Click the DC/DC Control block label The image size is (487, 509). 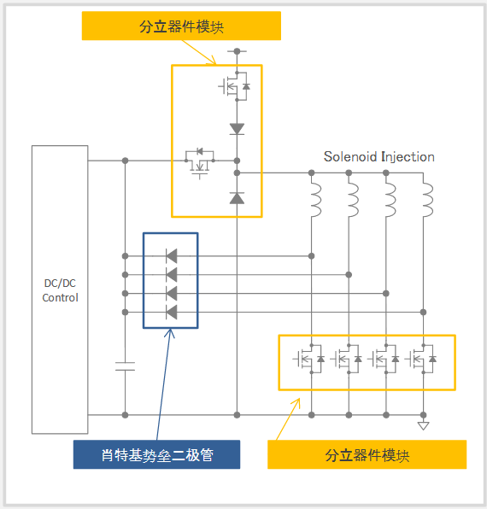(60, 290)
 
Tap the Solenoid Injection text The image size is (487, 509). (378, 157)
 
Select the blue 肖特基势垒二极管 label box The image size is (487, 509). (156, 454)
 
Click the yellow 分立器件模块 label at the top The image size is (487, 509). (181, 26)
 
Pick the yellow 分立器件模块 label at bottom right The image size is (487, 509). (367, 454)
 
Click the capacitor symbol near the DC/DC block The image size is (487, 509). (125, 366)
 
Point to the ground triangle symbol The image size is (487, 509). (424, 425)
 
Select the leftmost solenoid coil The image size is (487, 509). (316, 200)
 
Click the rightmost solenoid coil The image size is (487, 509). (428, 200)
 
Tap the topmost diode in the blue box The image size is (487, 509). (172, 256)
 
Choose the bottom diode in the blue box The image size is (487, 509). (172, 312)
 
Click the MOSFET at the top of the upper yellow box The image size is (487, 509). (234, 86)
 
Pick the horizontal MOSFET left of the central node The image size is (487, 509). (200, 163)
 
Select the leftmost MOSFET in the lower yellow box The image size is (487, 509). (308, 359)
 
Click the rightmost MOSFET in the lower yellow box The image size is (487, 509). (420, 359)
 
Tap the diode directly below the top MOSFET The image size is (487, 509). (237, 129)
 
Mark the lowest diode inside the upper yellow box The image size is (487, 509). (237, 198)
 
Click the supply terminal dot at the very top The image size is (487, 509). (237, 51)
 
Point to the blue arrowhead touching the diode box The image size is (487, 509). (170, 333)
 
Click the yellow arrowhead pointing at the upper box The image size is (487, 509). (213, 61)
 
